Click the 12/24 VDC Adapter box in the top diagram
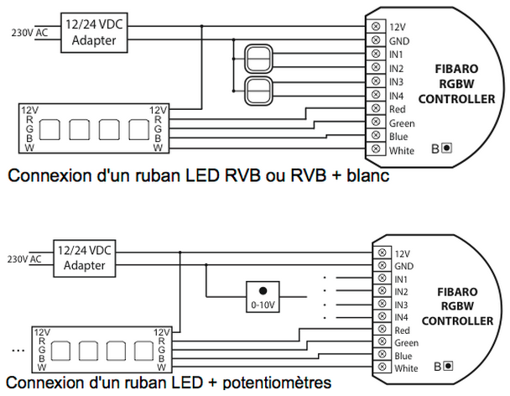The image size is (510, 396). coord(94,32)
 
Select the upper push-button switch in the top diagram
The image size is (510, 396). coord(258,60)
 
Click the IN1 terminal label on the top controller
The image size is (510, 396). coord(398,55)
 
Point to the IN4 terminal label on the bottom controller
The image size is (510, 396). coord(402,317)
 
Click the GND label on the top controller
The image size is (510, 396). coord(399,40)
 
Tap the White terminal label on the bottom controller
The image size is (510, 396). coord(405,368)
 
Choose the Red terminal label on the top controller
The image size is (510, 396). coord(398,109)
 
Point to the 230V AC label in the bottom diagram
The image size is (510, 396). coord(23,259)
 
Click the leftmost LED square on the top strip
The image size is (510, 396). coord(49,130)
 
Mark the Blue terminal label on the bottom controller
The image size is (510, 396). coord(403,355)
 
